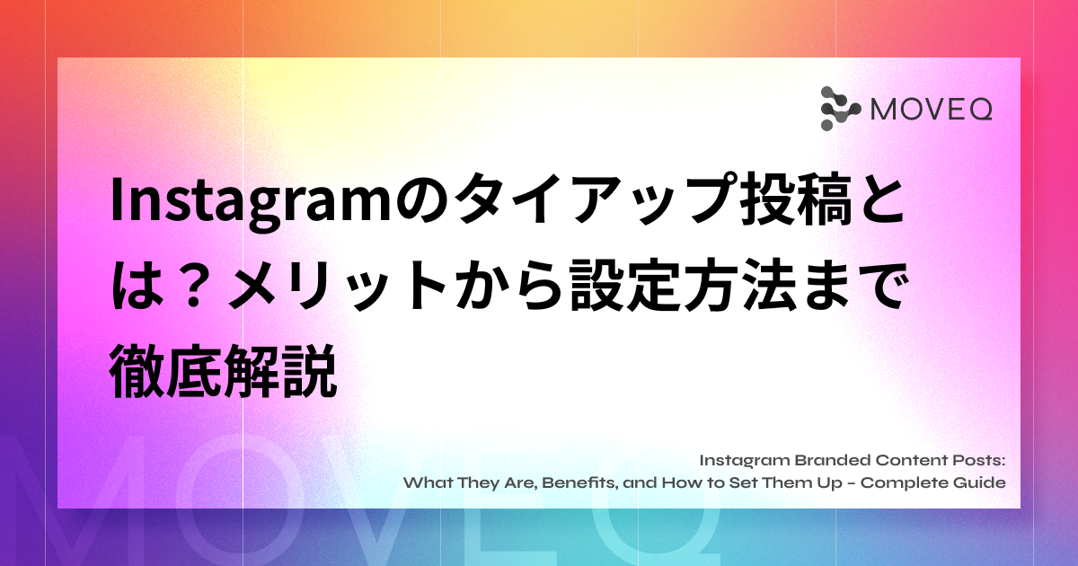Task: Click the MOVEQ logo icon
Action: pos(840,109)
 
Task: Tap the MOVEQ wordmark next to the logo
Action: pos(932,110)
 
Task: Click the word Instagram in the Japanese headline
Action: pos(251,202)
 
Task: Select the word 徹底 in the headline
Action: pos(166,370)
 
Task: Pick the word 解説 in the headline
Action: pos(280,370)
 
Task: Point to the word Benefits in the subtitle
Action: pos(579,482)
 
